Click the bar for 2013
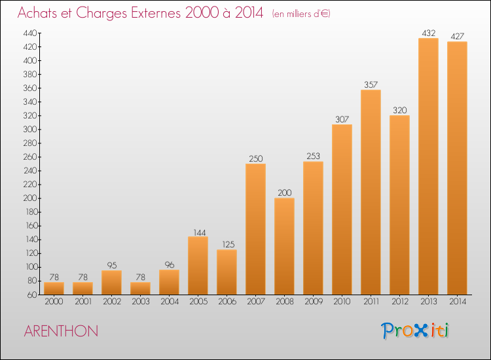click(x=428, y=166)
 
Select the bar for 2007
click(x=255, y=229)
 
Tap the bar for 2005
click(x=198, y=266)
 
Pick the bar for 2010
click(x=342, y=209)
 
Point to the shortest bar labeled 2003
click(x=140, y=288)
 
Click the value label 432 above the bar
click(x=428, y=33)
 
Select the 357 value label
click(x=371, y=84)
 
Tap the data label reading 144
click(x=200, y=232)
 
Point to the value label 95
click(x=112, y=266)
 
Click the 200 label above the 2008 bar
click(x=284, y=192)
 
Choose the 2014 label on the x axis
click(x=458, y=302)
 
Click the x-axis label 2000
click(x=54, y=302)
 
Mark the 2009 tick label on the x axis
click(x=314, y=302)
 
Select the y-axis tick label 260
click(x=30, y=157)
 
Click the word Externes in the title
click(x=156, y=12)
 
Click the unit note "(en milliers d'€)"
click(x=301, y=14)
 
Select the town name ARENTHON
click(x=61, y=331)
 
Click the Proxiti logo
click(x=414, y=331)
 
